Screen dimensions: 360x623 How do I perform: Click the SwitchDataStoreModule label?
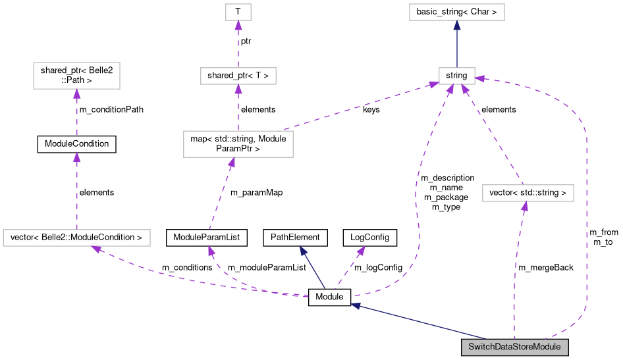tap(514, 347)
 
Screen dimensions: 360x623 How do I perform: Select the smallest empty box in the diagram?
tap(238, 12)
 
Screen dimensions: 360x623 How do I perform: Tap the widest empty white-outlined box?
tap(76, 238)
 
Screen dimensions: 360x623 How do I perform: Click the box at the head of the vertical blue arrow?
tap(456, 12)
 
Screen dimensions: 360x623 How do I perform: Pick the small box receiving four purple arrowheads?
tap(456, 76)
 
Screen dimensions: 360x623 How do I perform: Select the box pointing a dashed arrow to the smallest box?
tap(238, 76)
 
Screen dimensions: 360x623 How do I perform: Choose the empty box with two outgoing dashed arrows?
tap(238, 144)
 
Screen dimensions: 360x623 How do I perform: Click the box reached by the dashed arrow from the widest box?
tap(76, 76)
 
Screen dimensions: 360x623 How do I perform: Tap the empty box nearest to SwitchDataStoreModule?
tap(528, 193)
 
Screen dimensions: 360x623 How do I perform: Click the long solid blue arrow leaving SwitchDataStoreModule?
tap(421, 322)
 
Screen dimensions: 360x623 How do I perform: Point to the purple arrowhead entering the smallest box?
tap(238, 26)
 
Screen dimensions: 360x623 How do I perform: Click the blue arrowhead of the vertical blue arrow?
tap(456, 25)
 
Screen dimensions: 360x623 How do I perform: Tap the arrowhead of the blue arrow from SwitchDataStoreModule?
tap(355, 306)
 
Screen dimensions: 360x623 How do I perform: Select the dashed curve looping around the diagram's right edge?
tap(585, 197)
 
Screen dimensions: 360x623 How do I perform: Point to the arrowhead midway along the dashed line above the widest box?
tap(76, 157)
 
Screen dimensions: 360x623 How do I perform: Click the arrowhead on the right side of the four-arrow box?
tap(480, 78)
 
